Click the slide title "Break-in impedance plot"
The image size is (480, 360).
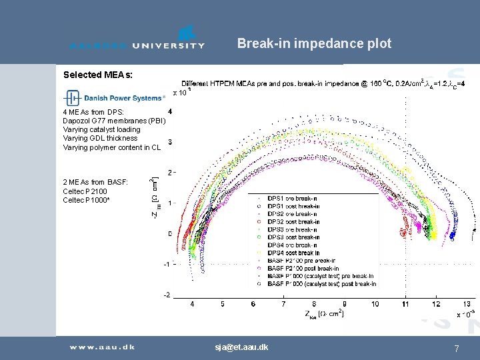tap(314, 44)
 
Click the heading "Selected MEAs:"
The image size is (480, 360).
tap(98, 75)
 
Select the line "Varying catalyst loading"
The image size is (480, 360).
tap(101, 129)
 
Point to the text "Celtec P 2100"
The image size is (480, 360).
tap(85, 191)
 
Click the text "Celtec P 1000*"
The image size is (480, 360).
tap(87, 201)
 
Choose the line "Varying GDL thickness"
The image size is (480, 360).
tap(100, 139)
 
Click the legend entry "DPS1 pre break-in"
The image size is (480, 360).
tap(292, 199)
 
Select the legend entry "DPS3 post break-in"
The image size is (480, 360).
tap(293, 237)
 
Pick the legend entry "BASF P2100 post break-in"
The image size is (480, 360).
tap(303, 268)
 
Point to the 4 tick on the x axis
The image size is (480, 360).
tap(193, 304)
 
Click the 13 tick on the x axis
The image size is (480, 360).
tap(467, 304)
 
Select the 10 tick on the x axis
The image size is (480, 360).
tap(375, 304)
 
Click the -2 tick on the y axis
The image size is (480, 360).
tap(167, 295)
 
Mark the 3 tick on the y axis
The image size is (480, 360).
tap(170, 142)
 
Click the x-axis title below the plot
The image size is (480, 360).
tap(325, 313)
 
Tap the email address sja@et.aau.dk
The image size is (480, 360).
tap(241, 347)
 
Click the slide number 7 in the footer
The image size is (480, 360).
tap(456, 348)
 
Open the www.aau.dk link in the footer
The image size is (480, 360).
tap(103, 347)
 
